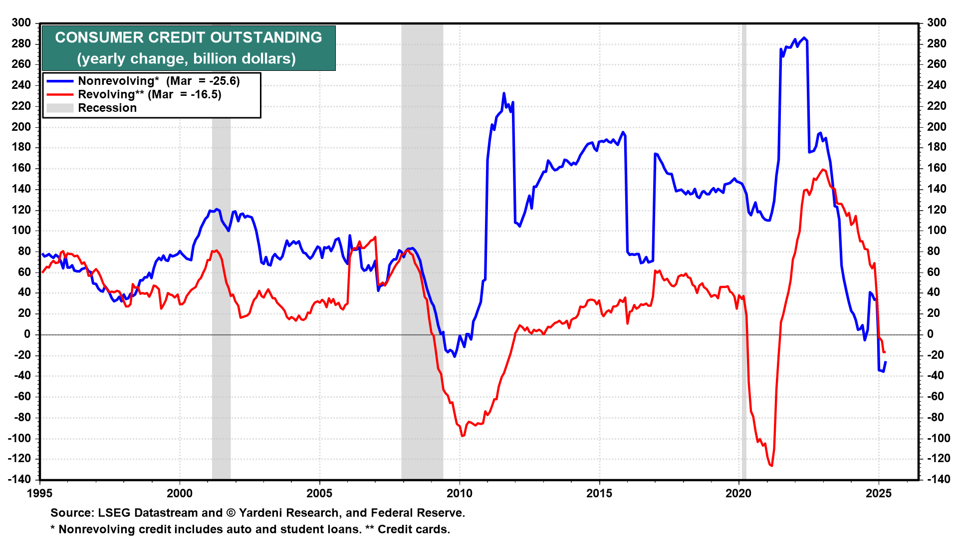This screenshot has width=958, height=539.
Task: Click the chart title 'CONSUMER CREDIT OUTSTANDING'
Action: pos(189,37)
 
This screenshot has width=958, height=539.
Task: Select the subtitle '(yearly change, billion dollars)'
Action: pos(186,59)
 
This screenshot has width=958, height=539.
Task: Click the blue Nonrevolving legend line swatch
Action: pos(60,81)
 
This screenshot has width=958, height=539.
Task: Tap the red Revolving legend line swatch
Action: pos(60,95)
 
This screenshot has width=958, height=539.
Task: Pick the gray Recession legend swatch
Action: pos(60,108)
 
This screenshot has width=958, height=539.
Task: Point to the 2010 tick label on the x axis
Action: pos(459,494)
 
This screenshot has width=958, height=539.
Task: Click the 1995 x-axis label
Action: pos(39,494)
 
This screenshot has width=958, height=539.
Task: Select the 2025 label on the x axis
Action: pos(879,494)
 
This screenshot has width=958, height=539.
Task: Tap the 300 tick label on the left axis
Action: pos(21,23)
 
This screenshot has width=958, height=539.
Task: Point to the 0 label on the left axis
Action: pos(27,334)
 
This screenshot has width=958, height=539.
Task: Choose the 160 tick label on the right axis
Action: pos(937,168)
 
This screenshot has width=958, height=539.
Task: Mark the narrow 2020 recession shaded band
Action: pos(744,250)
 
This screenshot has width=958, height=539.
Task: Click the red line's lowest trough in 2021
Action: pos(771,466)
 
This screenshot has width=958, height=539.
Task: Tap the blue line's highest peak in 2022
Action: pos(803,38)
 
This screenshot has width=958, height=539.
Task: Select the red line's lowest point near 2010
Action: pos(462,436)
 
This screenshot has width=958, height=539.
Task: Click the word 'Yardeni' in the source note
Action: pos(261,513)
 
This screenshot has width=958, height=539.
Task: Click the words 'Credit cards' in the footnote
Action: pos(412,530)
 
